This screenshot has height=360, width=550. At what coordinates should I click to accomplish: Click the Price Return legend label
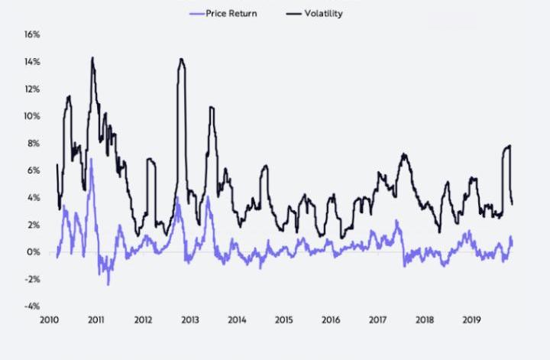click(x=231, y=13)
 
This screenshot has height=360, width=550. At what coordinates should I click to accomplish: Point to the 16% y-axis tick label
click(x=31, y=34)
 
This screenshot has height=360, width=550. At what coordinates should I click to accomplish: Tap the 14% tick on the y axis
click(x=31, y=62)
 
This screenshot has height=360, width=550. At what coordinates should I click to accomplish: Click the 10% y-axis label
click(x=31, y=116)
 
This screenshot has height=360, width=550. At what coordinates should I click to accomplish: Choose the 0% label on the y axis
click(x=34, y=252)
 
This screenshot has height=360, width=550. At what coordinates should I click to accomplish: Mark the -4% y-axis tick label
click(x=31, y=306)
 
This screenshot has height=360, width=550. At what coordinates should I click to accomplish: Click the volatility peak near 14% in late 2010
click(x=92, y=58)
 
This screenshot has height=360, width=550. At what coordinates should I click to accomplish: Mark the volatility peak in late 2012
click(x=181, y=60)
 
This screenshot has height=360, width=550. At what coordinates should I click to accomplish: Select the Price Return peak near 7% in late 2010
click(x=92, y=159)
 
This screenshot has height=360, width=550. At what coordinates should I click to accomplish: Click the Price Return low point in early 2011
click(x=108, y=284)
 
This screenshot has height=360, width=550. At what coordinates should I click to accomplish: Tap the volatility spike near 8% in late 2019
click(x=509, y=145)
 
